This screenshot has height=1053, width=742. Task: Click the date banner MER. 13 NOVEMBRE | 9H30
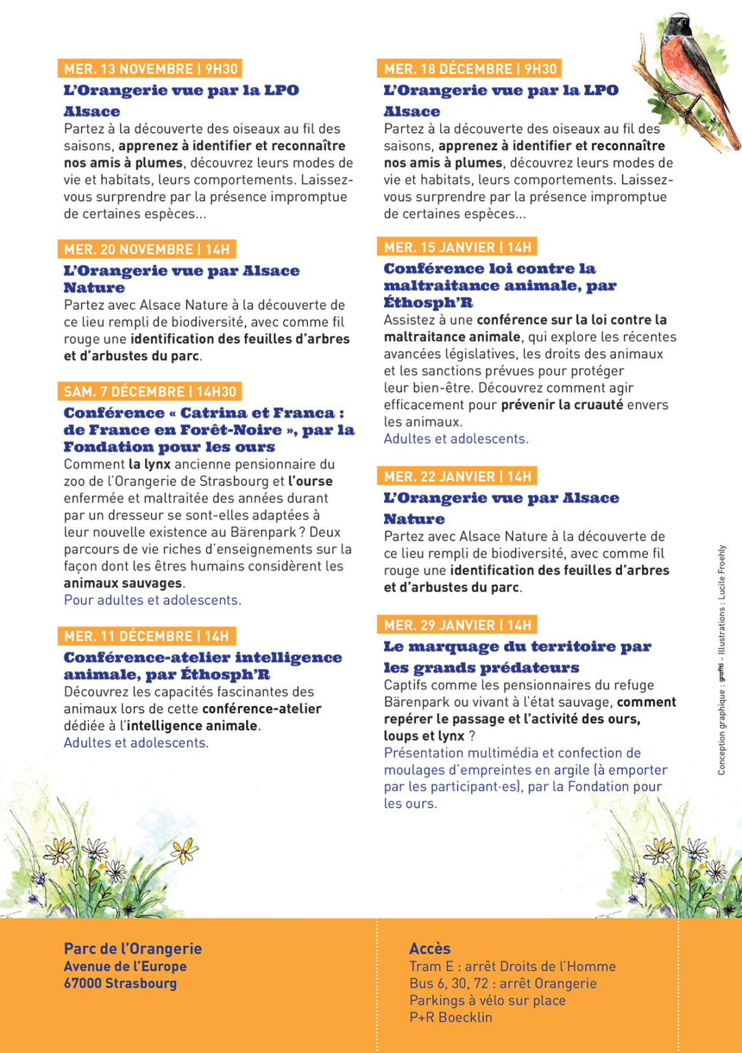pos(150,69)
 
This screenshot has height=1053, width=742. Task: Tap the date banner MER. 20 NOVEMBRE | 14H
pos(146,249)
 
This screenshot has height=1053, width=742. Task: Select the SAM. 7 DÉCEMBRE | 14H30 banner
pos(149,391)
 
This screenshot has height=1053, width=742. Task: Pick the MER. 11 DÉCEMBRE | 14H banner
pos(146,636)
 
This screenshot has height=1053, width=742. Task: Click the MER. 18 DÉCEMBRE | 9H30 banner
pos(470,69)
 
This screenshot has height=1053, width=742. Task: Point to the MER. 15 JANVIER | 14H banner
pos(457,247)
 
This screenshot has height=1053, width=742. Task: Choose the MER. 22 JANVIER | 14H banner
pos(457,476)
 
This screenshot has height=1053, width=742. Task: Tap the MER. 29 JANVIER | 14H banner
pos(457,625)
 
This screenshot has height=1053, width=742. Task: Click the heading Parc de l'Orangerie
pos(132,948)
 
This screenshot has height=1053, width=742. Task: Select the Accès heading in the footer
pos(430,948)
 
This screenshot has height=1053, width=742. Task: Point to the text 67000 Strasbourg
pos(120,983)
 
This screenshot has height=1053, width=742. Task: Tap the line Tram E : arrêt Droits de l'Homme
pos(512,966)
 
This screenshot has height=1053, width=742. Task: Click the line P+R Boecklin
pos(451,1017)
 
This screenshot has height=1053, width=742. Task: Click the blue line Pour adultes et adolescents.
pos(152,600)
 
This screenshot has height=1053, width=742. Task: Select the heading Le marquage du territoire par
pos(517,646)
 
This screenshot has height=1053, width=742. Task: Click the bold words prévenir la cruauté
pos(562,404)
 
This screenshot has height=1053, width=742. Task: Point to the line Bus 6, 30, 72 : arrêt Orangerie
pos(503,983)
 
